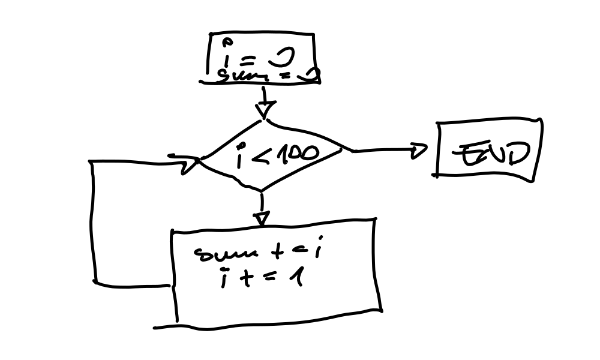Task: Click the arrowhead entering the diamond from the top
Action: [x=264, y=110]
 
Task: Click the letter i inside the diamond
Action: [x=241, y=157]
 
